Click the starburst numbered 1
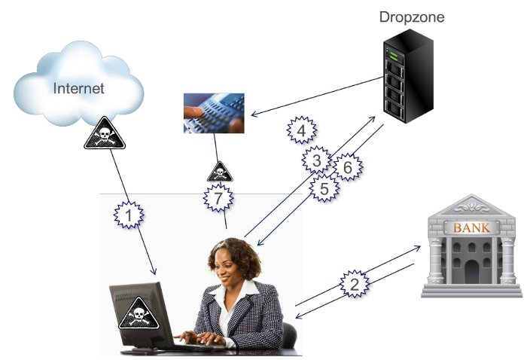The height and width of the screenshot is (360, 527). (129, 215)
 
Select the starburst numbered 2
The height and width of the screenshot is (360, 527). (355, 284)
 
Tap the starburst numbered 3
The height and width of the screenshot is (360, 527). (317, 160)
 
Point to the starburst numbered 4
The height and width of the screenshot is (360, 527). (301, 130)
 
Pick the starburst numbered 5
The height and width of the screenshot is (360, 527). (324, 188)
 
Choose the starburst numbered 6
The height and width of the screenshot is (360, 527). (348, 166)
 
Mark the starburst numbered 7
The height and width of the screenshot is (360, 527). (218, 198)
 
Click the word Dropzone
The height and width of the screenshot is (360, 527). (412, 17)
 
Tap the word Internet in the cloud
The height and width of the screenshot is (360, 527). (78, 88)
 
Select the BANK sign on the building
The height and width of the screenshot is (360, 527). (471, 228)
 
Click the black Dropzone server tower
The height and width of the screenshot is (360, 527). (408, 76)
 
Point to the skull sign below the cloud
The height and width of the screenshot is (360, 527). (105, 133)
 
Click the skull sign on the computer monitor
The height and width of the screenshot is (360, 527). (139, 313)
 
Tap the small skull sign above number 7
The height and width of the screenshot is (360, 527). (220, 172)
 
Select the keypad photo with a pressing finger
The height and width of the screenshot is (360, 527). (214, 113)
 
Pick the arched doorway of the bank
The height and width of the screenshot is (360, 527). (471, 272)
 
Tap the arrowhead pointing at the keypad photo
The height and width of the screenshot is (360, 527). (254, 114)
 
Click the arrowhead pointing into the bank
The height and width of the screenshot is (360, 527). (417, 248)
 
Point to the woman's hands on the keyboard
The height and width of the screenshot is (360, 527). (199, 337)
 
